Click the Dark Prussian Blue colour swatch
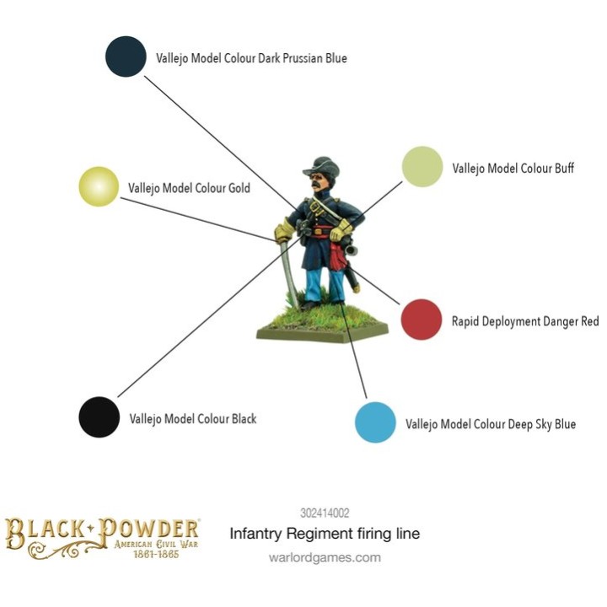[x=126, y=56]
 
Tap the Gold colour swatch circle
[x=99, y=186]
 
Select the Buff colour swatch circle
[x=422, y=166]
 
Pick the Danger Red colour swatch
[x=422, y=320]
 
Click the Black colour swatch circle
[x=99, y=417]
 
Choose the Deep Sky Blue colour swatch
[x=375, y=422]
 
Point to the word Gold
[x=239, y=188]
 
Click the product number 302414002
[x=325, y=513]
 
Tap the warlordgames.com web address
[x=325, y=557]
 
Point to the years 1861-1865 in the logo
[x=156, y=554]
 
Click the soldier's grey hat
[x=321, y=166]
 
